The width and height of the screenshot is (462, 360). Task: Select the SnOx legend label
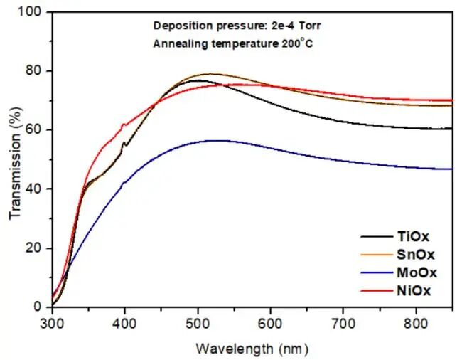415,255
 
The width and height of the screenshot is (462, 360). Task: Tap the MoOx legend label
415,272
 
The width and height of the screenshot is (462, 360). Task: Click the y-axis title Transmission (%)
14,159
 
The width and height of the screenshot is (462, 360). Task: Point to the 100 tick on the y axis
31,12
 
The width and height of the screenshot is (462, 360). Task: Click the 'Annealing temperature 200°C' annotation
233,43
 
